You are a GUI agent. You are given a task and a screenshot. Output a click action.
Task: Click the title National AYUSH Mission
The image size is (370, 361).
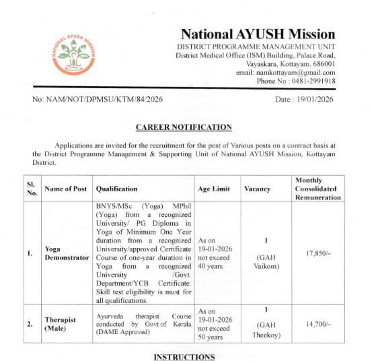point(258,34)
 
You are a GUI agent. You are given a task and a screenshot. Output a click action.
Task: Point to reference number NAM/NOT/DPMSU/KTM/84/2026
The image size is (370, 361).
point(98,100)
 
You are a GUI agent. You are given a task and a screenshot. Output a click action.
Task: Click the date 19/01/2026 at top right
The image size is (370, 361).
point(305,100)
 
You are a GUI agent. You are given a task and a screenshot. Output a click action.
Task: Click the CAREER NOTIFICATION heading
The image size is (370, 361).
point(184,127)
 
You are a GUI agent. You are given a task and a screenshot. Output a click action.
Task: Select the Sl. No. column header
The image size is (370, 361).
point(31,189)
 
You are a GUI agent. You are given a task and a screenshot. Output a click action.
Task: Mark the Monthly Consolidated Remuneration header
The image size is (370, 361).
point(318,189)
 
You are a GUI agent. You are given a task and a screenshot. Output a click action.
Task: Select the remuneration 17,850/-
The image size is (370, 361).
point(318,253)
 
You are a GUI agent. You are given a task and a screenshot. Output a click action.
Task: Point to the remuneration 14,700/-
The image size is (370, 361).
point(318,324)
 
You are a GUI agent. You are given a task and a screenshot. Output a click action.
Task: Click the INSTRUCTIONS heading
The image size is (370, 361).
point(184,356)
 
